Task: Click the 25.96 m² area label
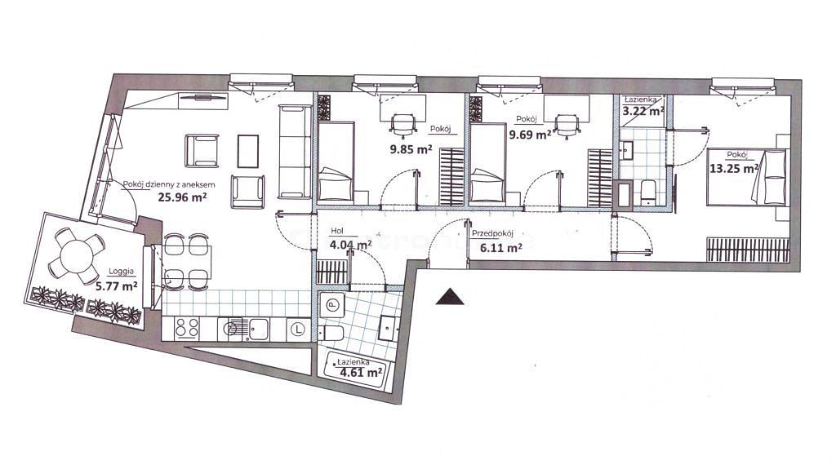tap(182, 197)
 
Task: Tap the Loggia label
tap(121, 271)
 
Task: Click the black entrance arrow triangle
tap(450, 297)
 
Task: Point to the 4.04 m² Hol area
tap(351, 246)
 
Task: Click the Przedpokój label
tap(492, 233)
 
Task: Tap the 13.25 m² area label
tap(734, 168)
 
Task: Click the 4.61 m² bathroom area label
tap(361, 372)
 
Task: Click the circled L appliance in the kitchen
tap(298, 330)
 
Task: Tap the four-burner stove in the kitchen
tap(187, 328)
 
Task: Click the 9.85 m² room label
tap(411, 150)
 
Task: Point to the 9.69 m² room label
tap(530, 135)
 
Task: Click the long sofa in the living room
tap(295, 152)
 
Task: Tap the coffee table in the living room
tap(248, 150)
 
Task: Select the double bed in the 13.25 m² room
tap(746, 177)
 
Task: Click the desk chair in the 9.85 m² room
tap(403, 126)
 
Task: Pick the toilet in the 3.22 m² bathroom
tap(648, 192)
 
